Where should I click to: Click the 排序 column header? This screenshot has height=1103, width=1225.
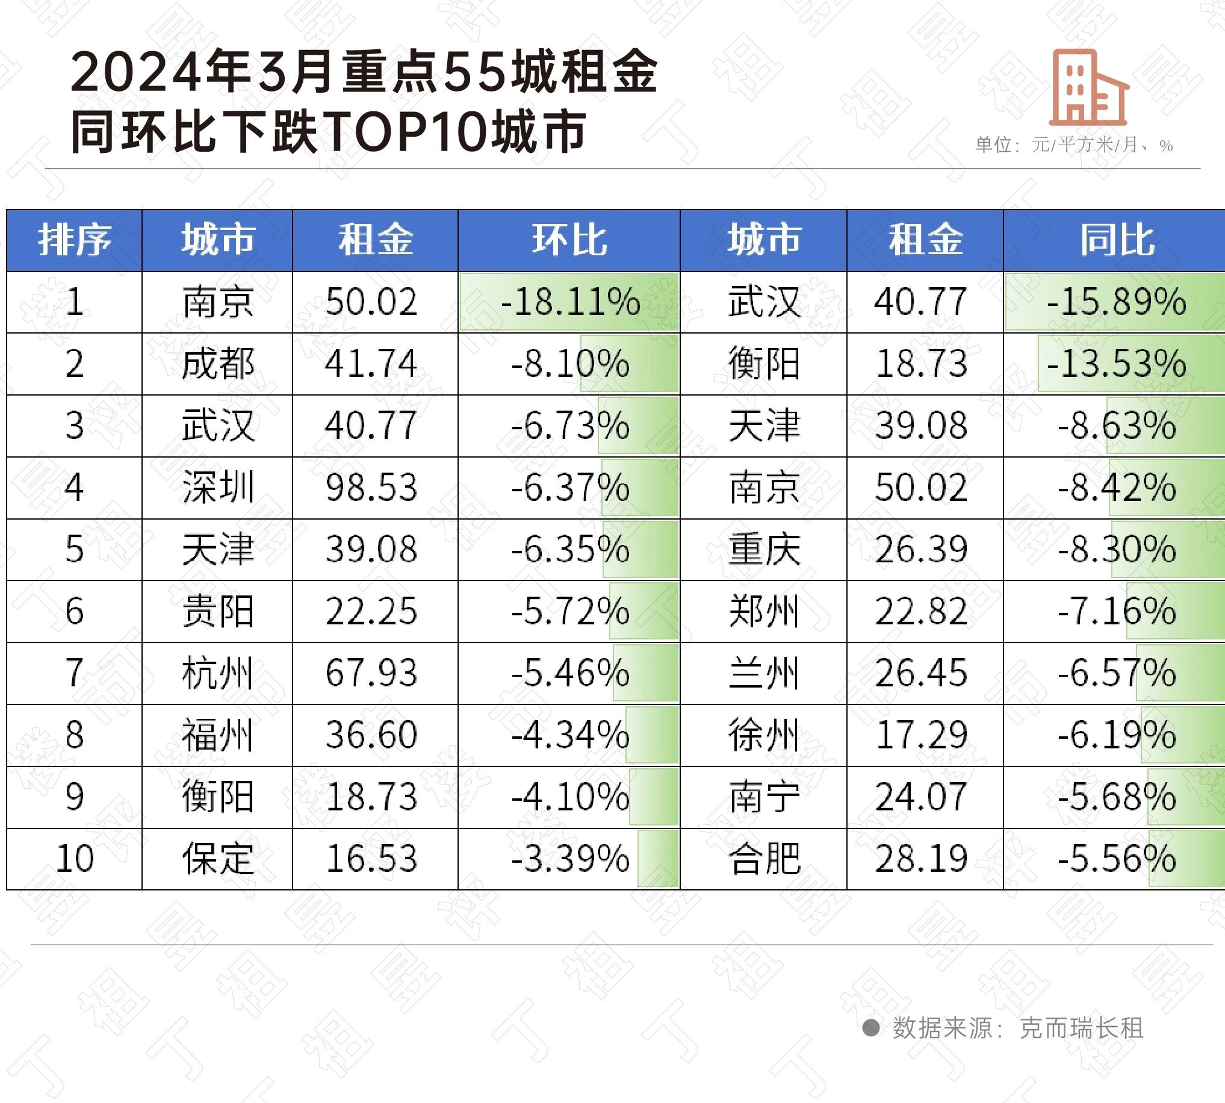(75, 240)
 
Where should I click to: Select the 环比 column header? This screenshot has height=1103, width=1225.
(569, 240)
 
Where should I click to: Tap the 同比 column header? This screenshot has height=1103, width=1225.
(1117, 240)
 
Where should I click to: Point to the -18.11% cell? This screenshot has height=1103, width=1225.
(569, 302)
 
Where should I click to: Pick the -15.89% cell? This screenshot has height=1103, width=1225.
(1116, 302)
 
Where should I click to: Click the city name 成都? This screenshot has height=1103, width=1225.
(217, 364)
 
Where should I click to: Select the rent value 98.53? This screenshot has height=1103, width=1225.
(371, 487)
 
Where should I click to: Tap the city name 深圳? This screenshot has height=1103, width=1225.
(217, 487)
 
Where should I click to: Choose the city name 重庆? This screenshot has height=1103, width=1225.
(764, 549)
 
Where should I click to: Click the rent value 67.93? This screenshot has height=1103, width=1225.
(371, 673)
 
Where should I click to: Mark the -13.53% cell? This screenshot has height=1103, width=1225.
(1116, 364)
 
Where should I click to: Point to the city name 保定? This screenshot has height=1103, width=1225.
(217, 859)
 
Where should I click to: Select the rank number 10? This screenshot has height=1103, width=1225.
(75, 859)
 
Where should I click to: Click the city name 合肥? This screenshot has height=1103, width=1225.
(764, 859)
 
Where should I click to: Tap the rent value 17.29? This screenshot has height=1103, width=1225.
(921, 735)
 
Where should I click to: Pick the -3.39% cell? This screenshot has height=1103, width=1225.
(569, 859)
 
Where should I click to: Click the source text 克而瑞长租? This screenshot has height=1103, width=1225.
(1081, 1028)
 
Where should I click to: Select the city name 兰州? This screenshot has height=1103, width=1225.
(764, 673)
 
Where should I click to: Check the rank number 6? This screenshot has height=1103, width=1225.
(75, 611)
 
